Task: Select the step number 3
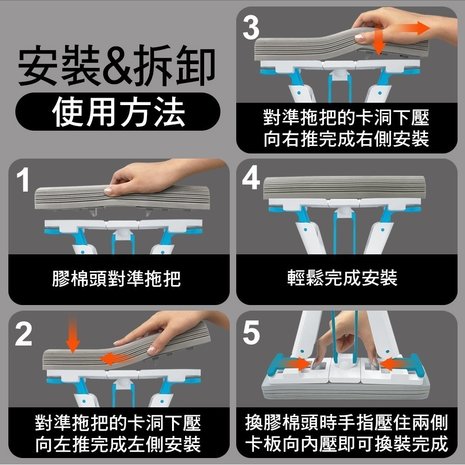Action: click(x=252, y=28)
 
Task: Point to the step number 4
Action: click(x=252, y=179)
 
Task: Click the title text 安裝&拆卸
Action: click(x=116, y=68)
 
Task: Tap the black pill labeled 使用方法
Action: click(x=118, y=112)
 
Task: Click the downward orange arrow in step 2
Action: click(x=73, y=335)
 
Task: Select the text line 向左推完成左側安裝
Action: click(x=118, y=444)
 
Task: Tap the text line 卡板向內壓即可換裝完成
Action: click(x=347, y=444)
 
